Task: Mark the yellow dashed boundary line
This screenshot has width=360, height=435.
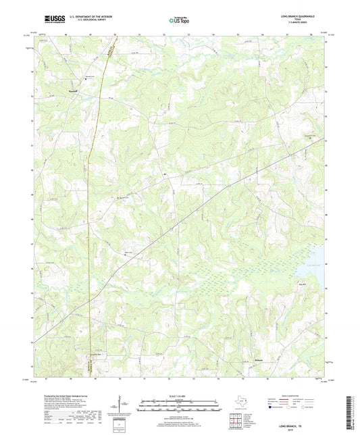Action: click(88, 203)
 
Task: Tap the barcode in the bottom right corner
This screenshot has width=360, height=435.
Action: click(350, 412)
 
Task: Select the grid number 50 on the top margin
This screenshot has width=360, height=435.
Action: click(115, 33)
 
